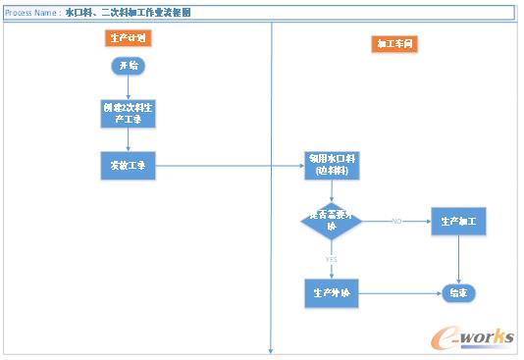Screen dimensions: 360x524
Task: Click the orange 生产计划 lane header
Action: coord(129,38)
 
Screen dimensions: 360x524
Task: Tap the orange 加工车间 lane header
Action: coord(394,44)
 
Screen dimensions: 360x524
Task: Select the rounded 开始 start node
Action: coord(129,66)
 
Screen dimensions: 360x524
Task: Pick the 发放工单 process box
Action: coord(129,166)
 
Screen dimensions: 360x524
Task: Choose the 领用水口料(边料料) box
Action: coord(332,166)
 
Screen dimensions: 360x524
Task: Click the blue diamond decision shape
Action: coord(332,222)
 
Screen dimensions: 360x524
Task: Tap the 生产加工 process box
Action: coord(458,222)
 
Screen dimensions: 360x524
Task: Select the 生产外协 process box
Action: coord(332,292)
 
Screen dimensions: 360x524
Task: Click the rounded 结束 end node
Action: coord(458,292)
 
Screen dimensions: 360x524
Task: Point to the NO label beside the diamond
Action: coord(396,221)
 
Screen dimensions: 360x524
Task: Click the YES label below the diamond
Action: coord(331,258)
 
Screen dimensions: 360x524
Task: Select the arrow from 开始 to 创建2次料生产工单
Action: coord(129,86)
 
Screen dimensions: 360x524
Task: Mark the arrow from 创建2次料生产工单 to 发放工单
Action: coord(129,140)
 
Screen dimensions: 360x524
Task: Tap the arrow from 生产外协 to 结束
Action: coord(398,292)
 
